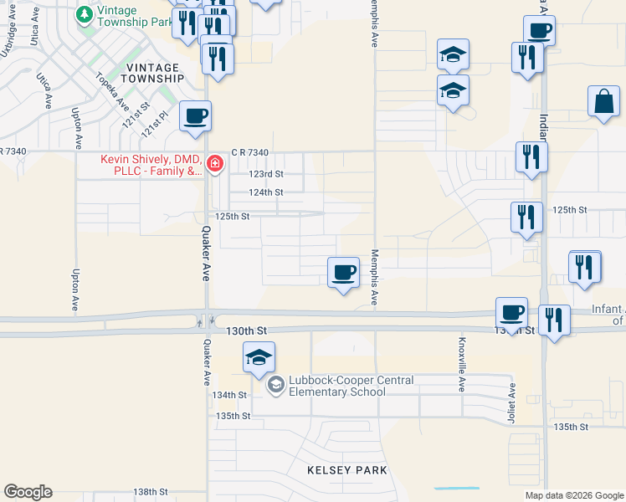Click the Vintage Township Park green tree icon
coord(85,15)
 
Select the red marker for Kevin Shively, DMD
coord(215,162)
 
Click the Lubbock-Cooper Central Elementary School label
coord(351,386)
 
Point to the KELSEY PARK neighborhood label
coord(346,470)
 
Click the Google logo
coord(28,492)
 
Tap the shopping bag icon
coord(603,102)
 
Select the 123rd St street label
coord(267,174)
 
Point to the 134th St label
coord(230,395)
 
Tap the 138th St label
coord(151,492)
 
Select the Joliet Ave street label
coord(513,403)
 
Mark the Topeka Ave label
coord(111,93)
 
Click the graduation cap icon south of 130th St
coord(259,357)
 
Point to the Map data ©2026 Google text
coord(573,495)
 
